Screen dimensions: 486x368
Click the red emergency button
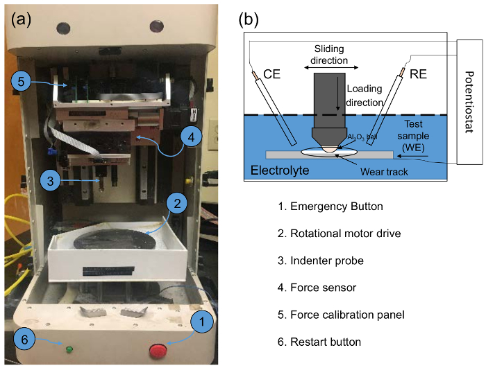point(158,351)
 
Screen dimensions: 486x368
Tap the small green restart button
point(69,350)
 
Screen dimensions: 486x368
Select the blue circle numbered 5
point(21,81)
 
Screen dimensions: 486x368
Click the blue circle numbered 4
point(191,137)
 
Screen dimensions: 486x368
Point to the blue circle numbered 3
point(50,181)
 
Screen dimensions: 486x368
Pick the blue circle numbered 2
point(177,203)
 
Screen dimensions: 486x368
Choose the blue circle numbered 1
point(202,322)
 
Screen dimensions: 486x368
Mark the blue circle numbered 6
point(24,340)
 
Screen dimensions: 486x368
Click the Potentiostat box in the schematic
point(469,102)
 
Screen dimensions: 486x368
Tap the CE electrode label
point(271,74)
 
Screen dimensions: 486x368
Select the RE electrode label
point(418,74)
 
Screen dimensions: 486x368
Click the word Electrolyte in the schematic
point(280,170)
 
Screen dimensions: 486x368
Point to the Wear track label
point(384,172)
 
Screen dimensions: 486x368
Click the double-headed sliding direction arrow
point(331,67)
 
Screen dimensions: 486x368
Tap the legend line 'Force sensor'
point(317,288)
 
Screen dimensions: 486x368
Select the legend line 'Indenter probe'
point(321,261)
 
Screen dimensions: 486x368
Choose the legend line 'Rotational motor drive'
point(339,234)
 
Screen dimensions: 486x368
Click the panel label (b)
point(249,19)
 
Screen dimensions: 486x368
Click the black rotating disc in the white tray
point(115,239)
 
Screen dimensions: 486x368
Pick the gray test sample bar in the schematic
point(329,155)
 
